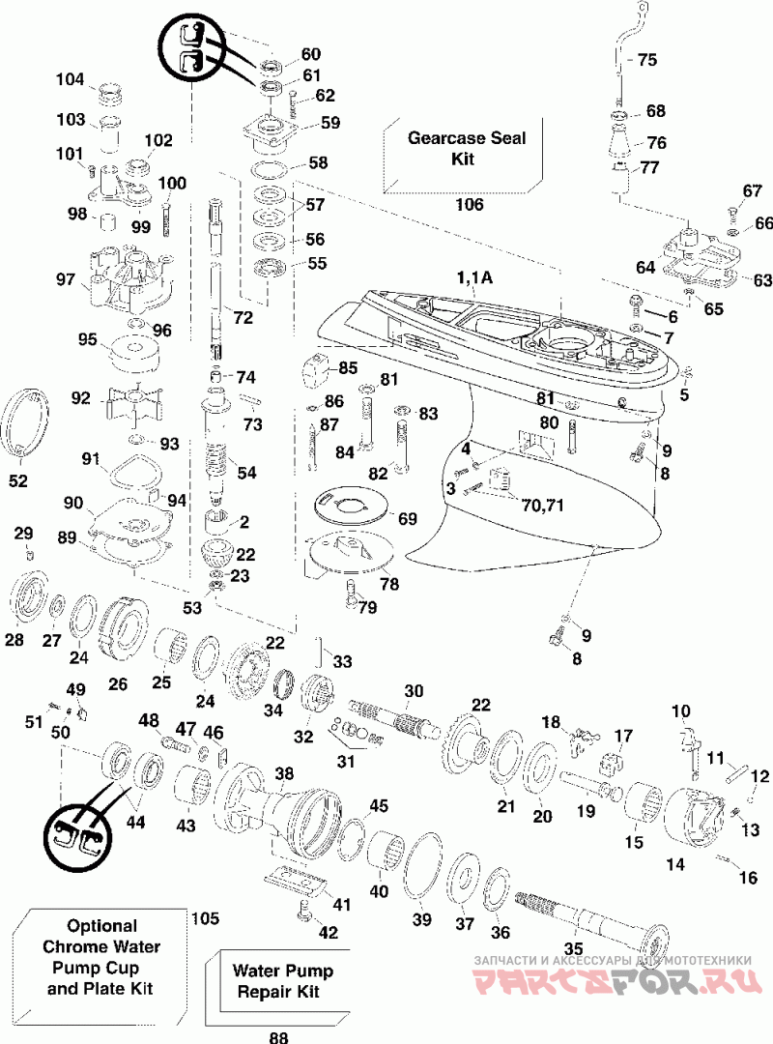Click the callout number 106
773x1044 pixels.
point(469,204)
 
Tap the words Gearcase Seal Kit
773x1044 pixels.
point(466,148)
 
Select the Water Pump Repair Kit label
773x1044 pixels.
point(282,981)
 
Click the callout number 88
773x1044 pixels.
point(279,1036)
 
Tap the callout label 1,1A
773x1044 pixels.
point(474,277)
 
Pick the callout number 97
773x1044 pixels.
point(66,279)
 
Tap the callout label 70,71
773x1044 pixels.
point(543,506)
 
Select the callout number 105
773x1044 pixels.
point(205,918)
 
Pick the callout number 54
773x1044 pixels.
point(247,473)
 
